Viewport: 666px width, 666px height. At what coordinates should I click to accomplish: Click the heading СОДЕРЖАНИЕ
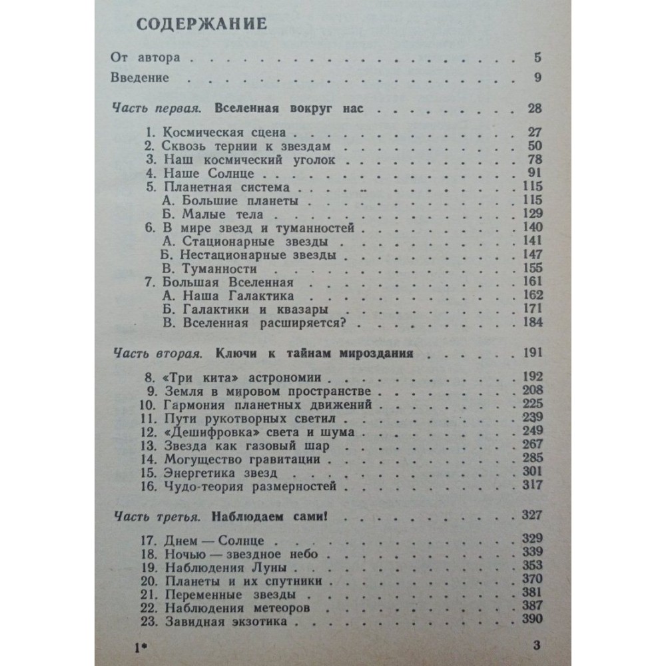coord(201,25)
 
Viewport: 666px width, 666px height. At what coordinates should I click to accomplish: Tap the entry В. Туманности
coord(210,270)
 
